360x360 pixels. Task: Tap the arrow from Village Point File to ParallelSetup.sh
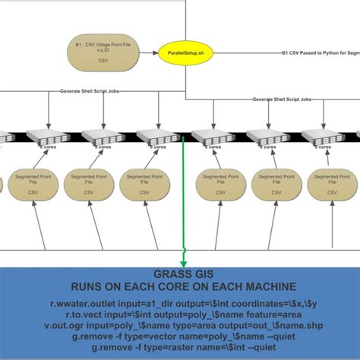[147, 52]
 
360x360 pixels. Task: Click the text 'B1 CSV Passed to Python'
[311, 53]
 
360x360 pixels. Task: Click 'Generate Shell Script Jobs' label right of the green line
[281, 99]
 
